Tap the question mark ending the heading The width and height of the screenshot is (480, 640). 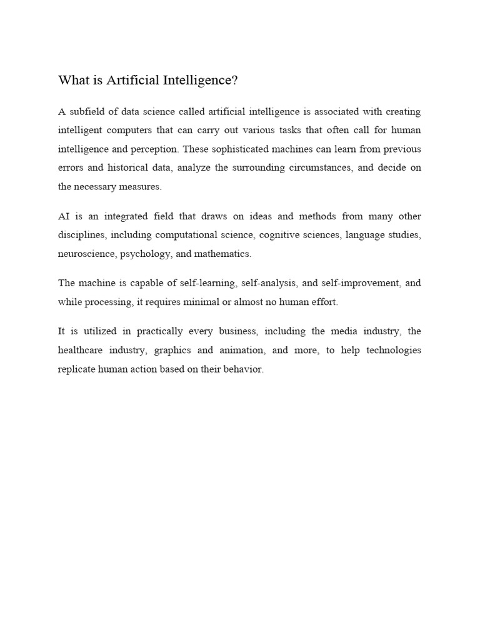[x=236, y=80]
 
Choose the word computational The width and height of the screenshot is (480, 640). [x=163, y=235]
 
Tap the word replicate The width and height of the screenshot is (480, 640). [x=76, y=369]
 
